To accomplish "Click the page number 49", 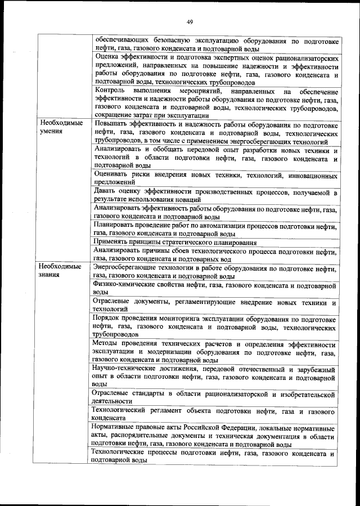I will [189, 22].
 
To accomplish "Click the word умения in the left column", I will [51, 131].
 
